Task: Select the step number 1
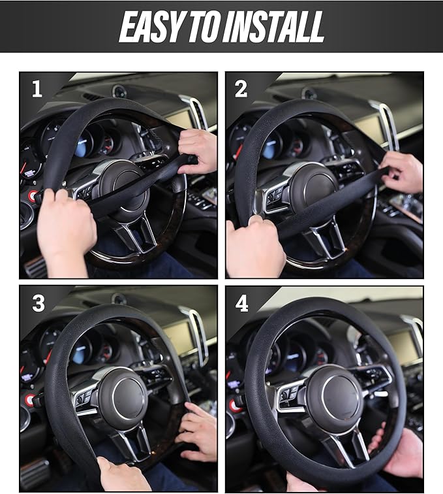37,89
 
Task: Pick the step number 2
241,89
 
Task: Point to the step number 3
38,303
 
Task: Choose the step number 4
241,304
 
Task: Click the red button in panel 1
33,196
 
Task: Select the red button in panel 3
29,400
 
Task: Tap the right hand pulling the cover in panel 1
197,150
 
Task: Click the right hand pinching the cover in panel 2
401,171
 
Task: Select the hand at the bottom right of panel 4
399,453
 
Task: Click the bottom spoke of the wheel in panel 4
349,448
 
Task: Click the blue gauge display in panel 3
80,353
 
